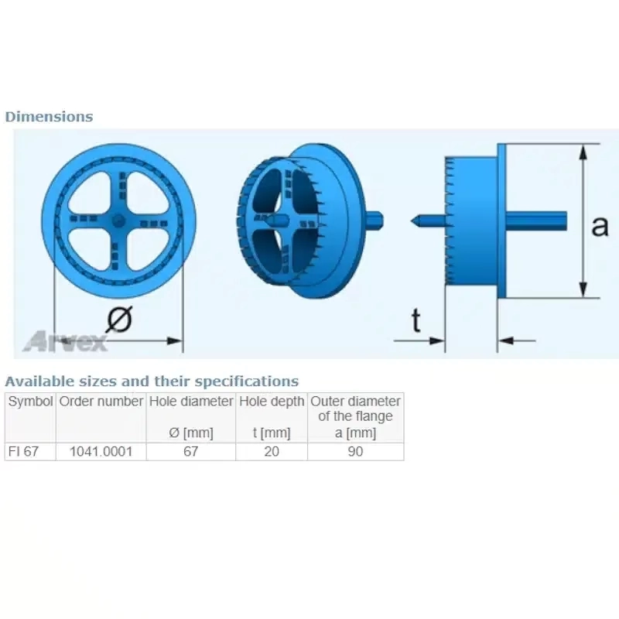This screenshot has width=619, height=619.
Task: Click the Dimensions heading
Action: pos(49,117)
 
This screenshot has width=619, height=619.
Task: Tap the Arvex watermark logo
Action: pos(65,341)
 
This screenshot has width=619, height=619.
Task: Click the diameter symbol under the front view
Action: pos(119,319)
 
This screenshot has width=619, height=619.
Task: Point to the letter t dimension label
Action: pos(416,320)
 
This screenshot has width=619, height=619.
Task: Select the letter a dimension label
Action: pos(600,227)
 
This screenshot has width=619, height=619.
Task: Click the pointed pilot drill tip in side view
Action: pos(415,221)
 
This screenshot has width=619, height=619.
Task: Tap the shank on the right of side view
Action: pos(536,221)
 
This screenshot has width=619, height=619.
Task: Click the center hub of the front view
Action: pos(118,221)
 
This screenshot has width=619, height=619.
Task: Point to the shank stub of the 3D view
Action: pos(374,220)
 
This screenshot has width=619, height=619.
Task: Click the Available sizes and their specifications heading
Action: pos(152,381)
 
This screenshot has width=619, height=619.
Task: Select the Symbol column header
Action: pos(30,402)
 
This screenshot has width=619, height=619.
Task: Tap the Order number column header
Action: pos(101,402)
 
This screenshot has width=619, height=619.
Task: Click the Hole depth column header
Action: pos(272,402)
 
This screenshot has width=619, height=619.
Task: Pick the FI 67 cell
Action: pos(24,452)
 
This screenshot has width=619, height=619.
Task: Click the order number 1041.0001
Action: pos(101,452)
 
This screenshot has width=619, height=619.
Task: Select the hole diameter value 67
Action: pos(191,452)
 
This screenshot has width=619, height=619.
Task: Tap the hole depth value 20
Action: pos(272,452)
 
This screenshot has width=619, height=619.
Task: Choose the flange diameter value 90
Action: pos(356,452)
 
